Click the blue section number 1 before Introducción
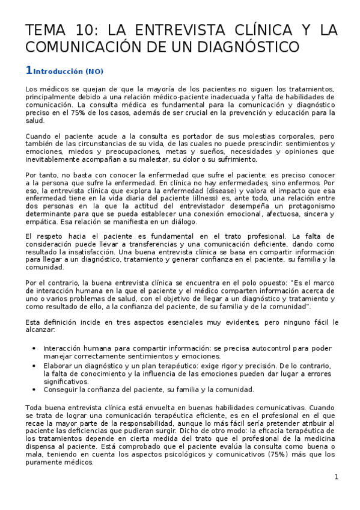tap(29, 70)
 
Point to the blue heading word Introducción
tap(58, 72)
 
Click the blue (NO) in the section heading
tap(94, 72)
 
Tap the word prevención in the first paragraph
tap(276, 112)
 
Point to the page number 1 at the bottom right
tap(337, 477)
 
